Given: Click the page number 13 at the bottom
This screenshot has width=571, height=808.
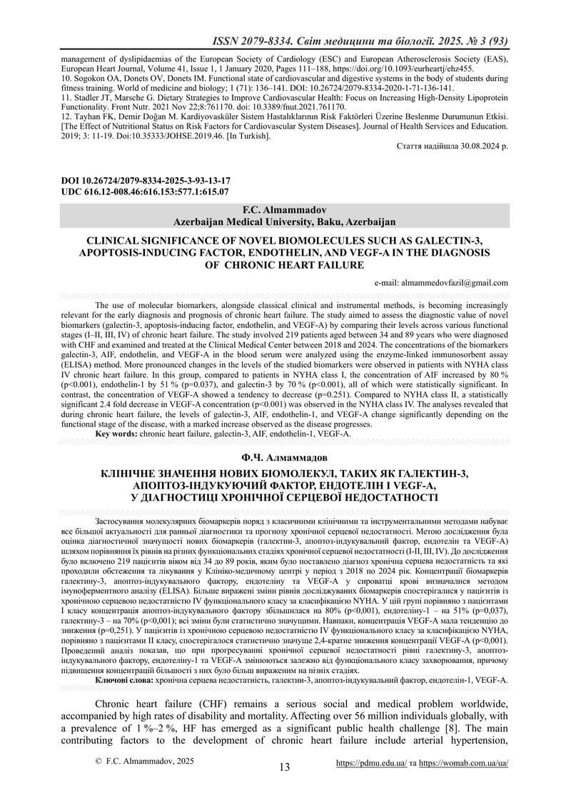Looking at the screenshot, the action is tap(285, 767).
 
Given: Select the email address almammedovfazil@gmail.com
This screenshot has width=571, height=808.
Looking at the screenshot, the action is tap(450, 282).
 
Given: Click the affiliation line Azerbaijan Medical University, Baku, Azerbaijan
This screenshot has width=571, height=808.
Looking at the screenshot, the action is tap(285, 223).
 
